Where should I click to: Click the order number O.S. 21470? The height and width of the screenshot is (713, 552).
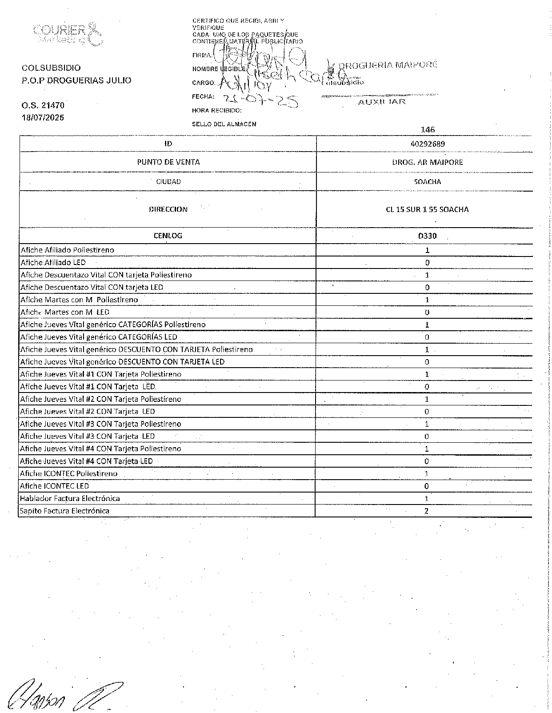tap(43, 105)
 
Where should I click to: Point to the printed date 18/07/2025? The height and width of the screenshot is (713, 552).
tap(43, 118)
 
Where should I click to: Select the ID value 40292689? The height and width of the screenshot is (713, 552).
tap(427, 144)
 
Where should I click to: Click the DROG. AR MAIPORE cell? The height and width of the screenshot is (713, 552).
tap(427, 162)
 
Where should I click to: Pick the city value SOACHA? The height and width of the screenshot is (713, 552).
tap(427, 181)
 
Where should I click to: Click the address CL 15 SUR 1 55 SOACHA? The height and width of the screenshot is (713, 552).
tap(427, 209)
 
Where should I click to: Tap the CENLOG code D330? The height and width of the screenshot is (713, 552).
tap(427, 236)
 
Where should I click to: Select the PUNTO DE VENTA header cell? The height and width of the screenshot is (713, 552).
tap(168, 162)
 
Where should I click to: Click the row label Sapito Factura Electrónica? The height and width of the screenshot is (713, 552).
tap(65, 511)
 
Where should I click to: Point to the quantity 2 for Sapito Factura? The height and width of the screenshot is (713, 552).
tap(427, 511)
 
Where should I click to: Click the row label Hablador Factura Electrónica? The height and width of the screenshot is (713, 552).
tap(70, 498)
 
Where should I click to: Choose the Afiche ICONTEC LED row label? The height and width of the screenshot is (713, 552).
tap(55, 486)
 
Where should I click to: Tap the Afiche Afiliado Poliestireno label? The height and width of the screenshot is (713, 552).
tap(68, 250)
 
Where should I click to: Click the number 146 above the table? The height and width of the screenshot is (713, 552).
tap(427, 130)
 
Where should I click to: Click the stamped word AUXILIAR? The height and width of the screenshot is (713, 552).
tap(382, 102)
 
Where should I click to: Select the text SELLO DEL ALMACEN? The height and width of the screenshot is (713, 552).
tap(224, 124)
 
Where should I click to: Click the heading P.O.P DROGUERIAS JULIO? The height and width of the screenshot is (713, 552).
tap(77, 80)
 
